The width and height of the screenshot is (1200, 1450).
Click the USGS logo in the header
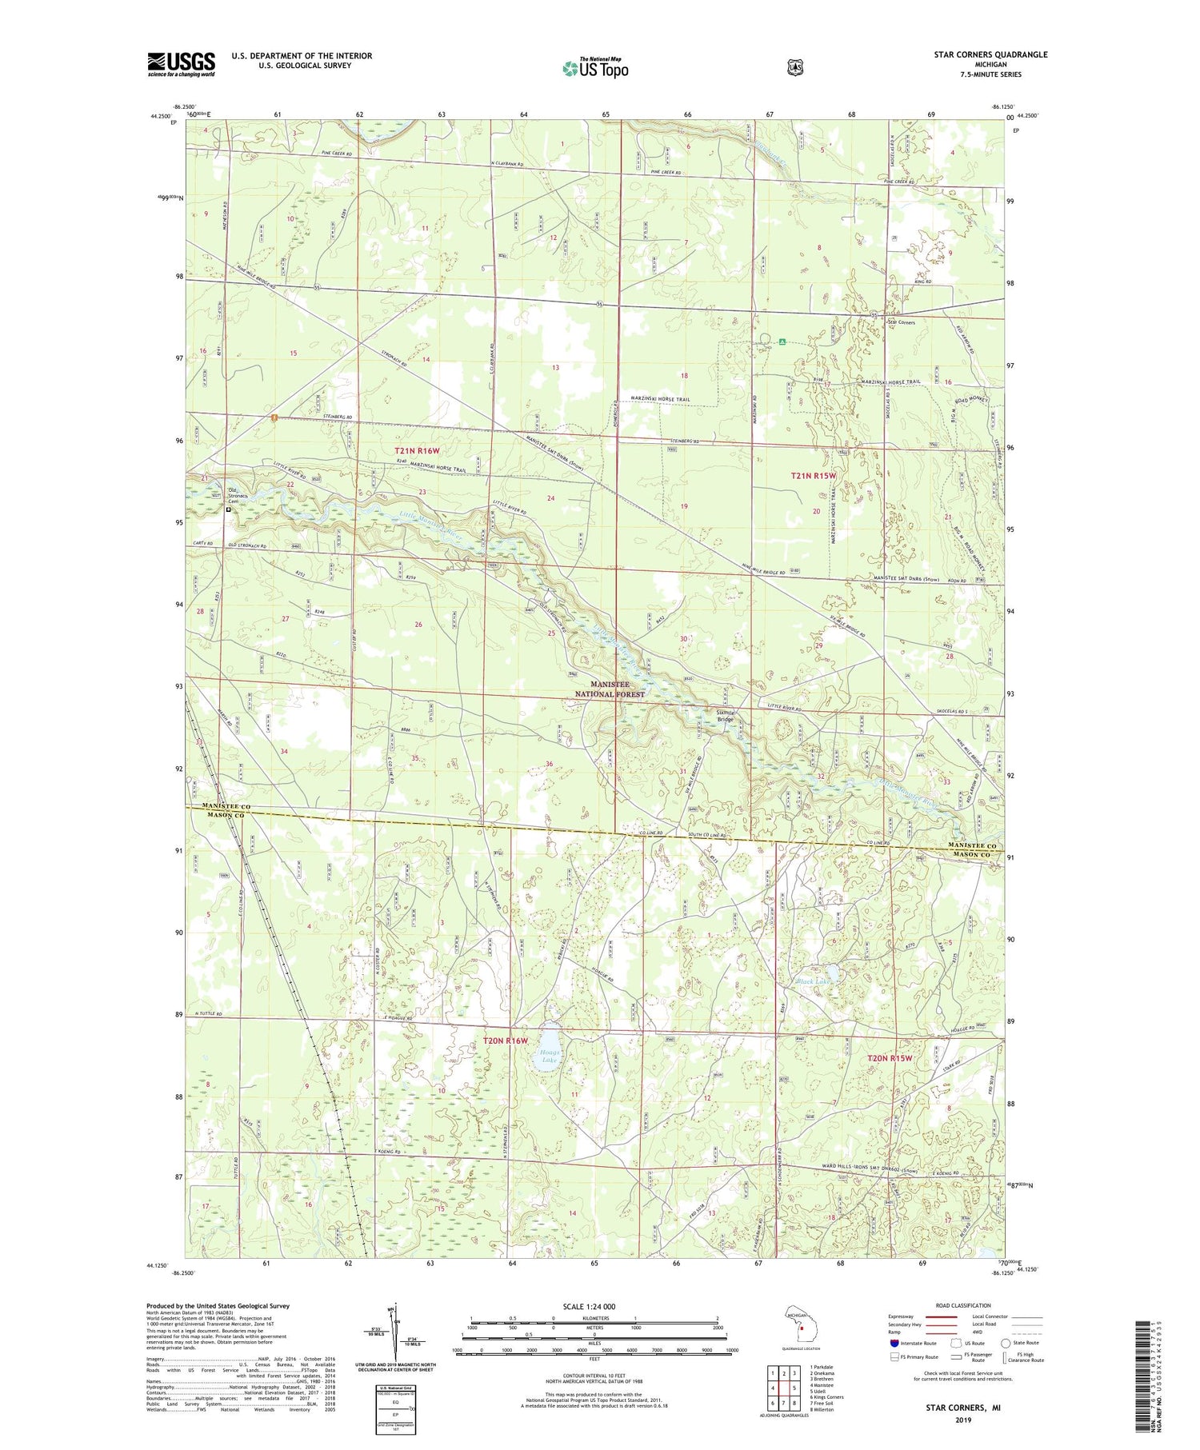(181, 64)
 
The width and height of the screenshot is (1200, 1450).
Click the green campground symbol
(782, 342)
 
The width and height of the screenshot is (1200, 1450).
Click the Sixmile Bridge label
(724, 715)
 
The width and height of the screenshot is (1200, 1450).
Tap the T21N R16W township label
(417, 451)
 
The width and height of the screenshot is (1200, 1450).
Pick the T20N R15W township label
(890, 1058)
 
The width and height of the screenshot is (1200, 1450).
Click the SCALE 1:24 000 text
(594, 1305)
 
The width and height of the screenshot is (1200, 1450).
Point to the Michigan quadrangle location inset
(801, 1324)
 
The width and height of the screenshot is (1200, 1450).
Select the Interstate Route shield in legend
(894, 1343)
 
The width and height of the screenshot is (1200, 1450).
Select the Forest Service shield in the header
(794, 68)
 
